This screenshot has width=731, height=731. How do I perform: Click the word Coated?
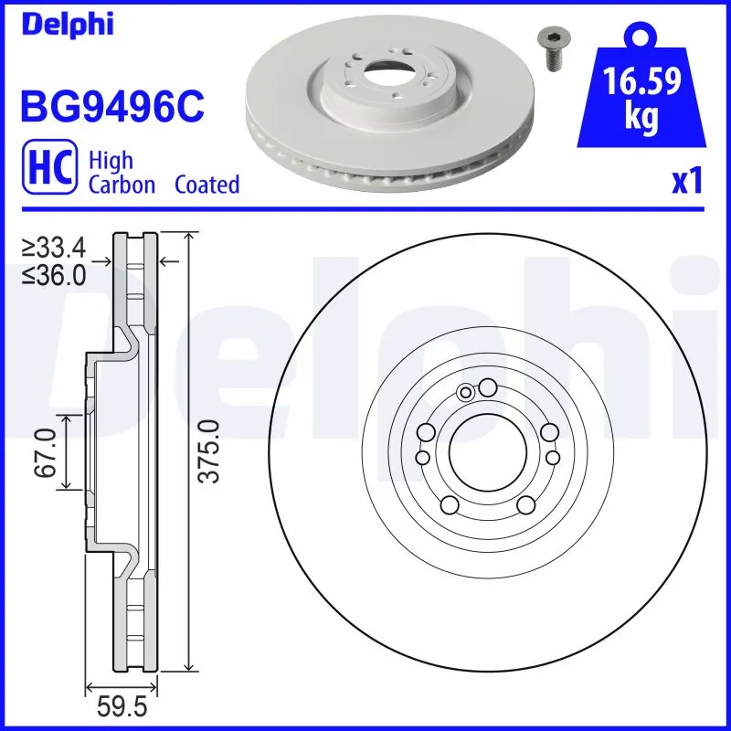point(207,185)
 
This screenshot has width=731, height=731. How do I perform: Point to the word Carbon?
point(121,185)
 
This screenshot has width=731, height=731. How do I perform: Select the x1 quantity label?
point(686,183)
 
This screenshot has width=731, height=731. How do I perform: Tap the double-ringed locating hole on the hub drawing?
point(465,393)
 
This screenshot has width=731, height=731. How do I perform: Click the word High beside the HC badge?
point(111,161)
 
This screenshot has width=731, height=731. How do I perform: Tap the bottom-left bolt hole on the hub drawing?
point(449,504)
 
